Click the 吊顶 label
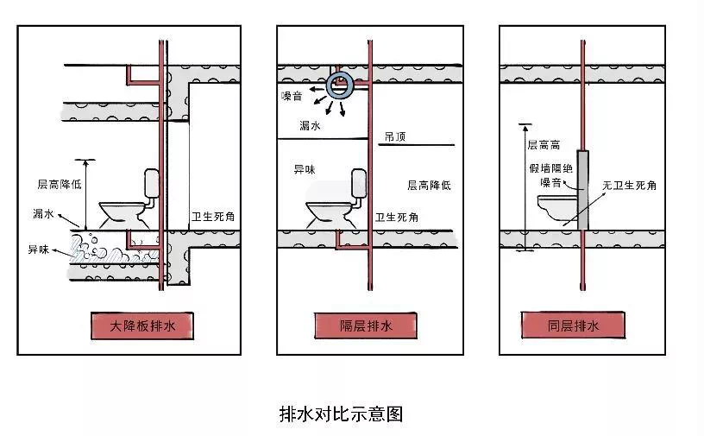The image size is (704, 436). pos(395,136)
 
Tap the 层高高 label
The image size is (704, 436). pos(544,146)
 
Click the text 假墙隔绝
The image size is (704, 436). pos(550,169)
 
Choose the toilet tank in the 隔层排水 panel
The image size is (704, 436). pos(360,181)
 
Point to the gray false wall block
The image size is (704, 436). pos(583,190)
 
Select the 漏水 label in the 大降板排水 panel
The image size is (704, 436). pos(44,212)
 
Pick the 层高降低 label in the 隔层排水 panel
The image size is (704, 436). pos(428,185)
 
